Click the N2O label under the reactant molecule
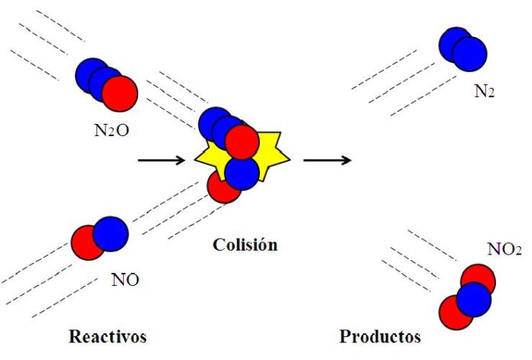point(112,130)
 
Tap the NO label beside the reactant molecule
point(125,280)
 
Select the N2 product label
point(484,91)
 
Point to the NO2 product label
point(504,249)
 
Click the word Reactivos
point(108,336)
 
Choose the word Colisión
point(245,245)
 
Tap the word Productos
point(380,336)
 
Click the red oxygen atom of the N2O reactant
point(120,94)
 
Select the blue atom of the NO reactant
point(111,234)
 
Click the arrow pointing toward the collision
point(161,160)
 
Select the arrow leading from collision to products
point(327,160)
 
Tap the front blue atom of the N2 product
point(469,54)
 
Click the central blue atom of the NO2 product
point(474,300)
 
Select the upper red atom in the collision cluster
point(242,142)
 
